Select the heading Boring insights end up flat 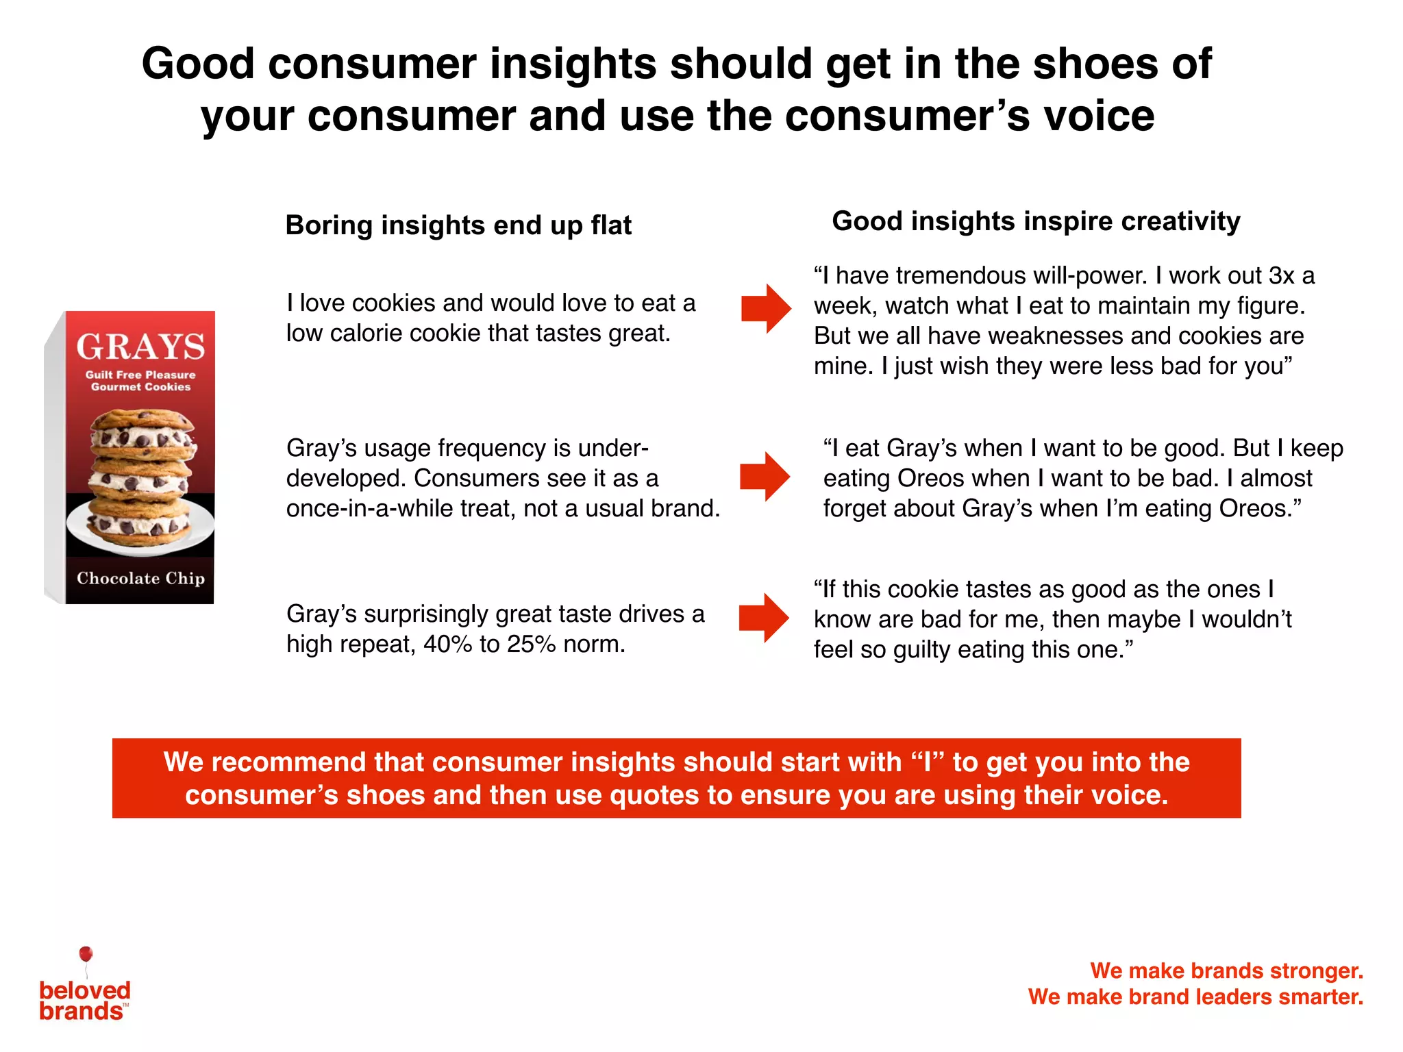(x=458, y=225)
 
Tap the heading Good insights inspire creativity (x=1035, y=221)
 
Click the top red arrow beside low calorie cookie (x=765, y=308)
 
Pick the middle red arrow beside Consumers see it (x=765, y=476)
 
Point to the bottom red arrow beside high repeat (x=764, y=618)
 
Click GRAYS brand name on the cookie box (x=140, y=347)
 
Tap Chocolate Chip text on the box (x=140, y=578)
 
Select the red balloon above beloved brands (x=86, y=953)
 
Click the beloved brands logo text (x=84, y=1001)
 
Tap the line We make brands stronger (x=1226, y=970)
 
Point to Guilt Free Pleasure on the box (x=140, y=375)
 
